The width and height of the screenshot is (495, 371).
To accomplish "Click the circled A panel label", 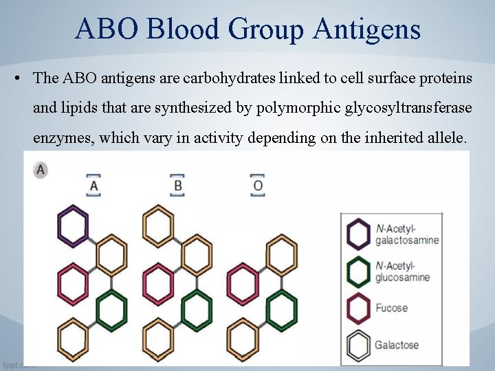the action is point(41,169).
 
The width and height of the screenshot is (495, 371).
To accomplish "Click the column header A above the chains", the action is point(93,185).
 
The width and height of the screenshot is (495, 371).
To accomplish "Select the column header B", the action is point(177,185).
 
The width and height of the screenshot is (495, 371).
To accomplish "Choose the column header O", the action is point(258,185).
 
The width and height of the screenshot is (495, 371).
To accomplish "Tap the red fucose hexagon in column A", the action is point(73,282).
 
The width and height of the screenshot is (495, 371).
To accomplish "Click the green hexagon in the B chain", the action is point(197,310).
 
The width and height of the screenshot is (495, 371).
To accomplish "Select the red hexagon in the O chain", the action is point(243,282).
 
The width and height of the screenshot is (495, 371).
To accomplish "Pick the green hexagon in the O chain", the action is point(281,310).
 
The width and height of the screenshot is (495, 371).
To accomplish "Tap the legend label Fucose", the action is point(391,308).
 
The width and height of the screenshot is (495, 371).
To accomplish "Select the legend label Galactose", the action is point(397,345).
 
